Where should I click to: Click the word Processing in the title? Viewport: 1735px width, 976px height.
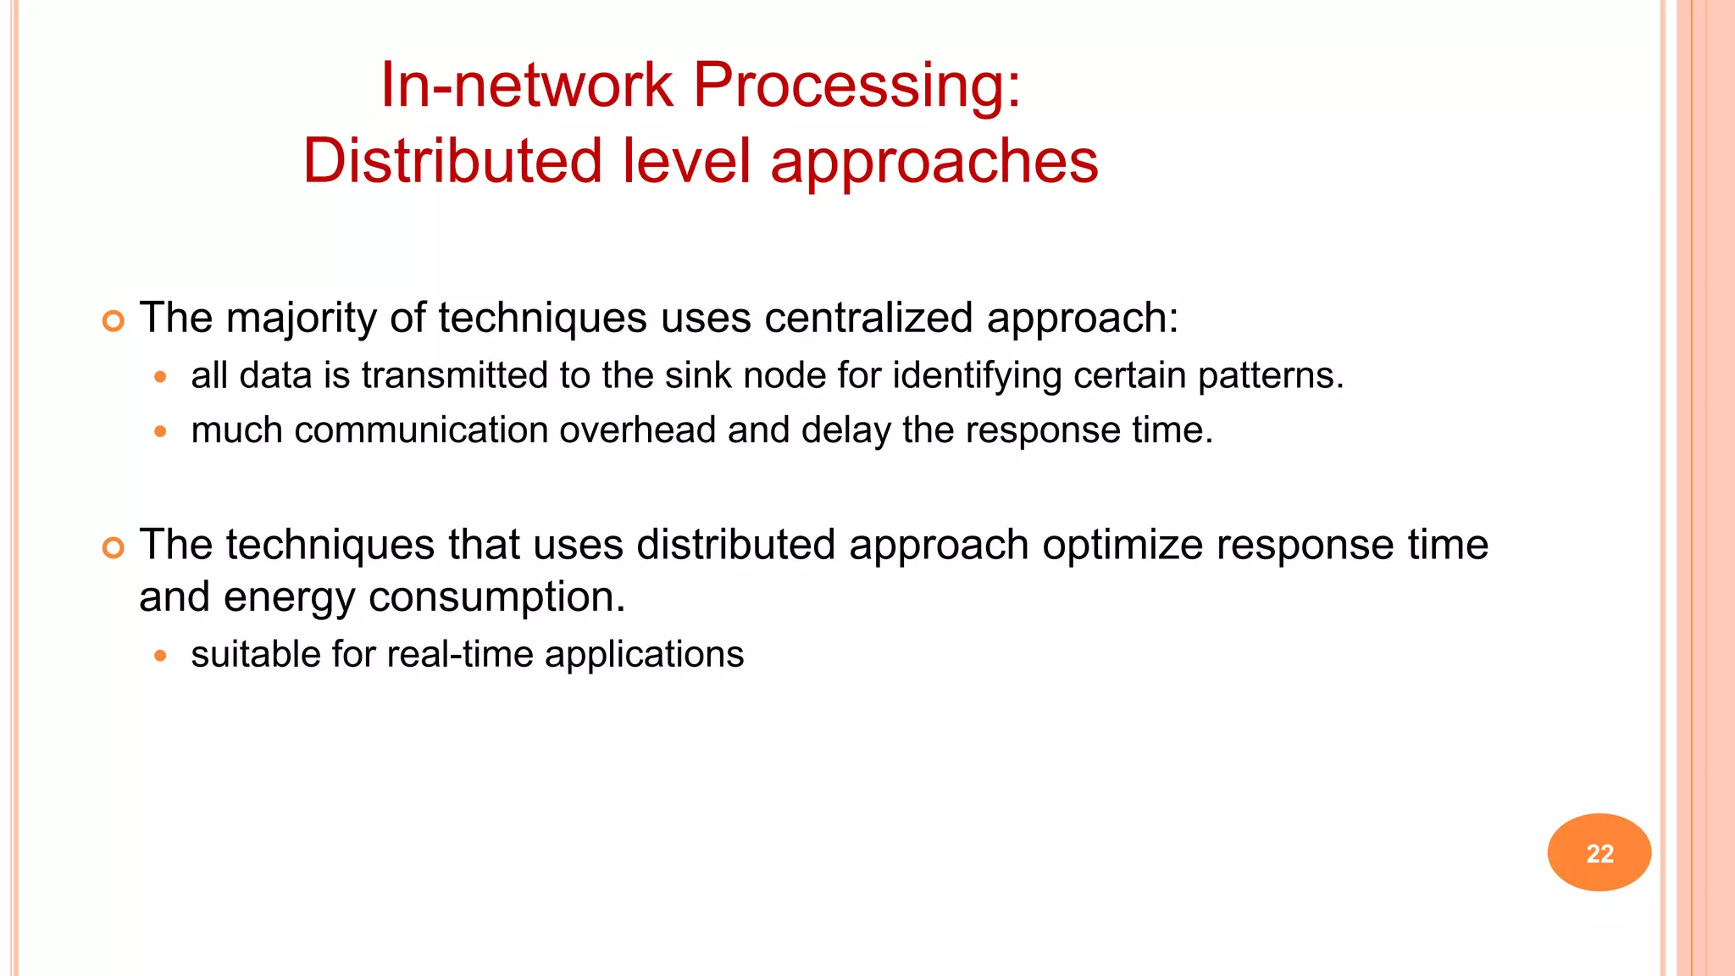(856, 86)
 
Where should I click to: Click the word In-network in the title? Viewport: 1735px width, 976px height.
(526, 86)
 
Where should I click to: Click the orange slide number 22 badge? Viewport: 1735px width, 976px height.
(1599, 852)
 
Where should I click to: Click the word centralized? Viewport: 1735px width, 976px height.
(868, 319)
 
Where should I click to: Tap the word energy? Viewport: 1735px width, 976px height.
(289, 598)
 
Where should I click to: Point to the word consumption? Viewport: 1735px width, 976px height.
(496, 598)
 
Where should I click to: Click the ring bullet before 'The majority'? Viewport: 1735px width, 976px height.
(113, 321)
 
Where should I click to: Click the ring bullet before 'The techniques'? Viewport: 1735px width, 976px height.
(113, 548)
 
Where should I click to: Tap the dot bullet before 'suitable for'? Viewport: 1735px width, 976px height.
(160, 655)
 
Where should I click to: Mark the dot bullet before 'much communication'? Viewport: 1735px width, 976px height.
(160, 431)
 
